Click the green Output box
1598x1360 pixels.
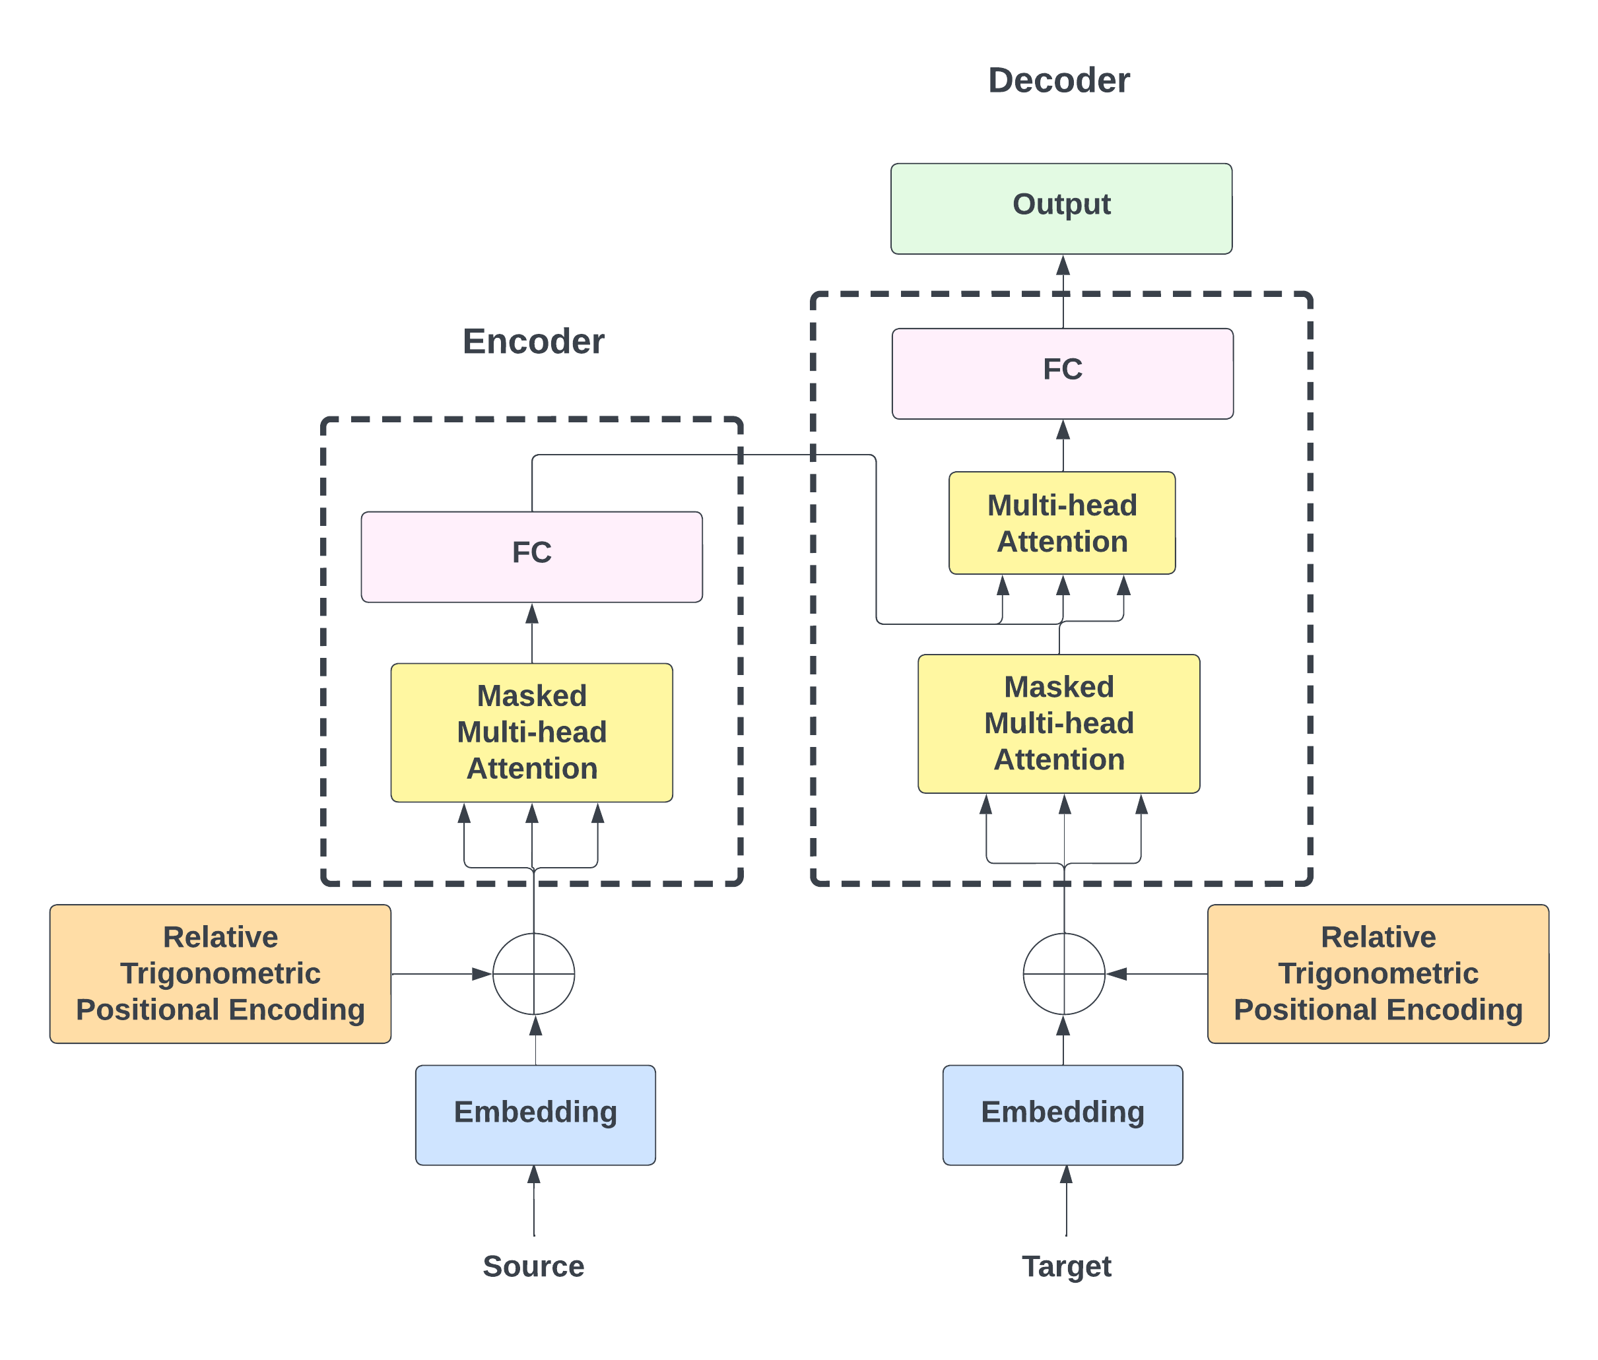pyautogui.click(x=1061, y=208)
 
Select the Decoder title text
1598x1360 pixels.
pyautogui.click(x=1058, y=81)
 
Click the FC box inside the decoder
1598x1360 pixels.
pyautogui.click(x=1062, y=374)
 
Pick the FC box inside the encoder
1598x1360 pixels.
pyautogui.click(x=531, y=557)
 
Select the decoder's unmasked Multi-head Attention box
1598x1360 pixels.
pyautogui.click(x=1062, y=523)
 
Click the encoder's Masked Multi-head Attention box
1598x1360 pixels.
pyautogui.click(x=531, y=732)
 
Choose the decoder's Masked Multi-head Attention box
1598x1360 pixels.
pyautogui.click(x=1058, y=723)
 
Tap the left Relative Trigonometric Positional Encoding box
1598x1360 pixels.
pyautogui.click(x=220, y=974)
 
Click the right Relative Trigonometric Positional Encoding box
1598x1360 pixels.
pyautogui.click(x=1378, y=974)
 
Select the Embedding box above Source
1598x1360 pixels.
pyautogui.click(x=535, y=1114)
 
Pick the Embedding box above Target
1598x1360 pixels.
pyautogui.click(x=1062, y=1114)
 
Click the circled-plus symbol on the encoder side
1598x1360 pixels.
pyautogui.click(x=534, y=974)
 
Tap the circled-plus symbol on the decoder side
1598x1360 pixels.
pyautogui.click(x=1063, y=974)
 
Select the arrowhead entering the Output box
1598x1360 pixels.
pyautogui.click(x=1063, y=266)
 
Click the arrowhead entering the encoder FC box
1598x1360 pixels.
pyautogui.click(x=531, y=614)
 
